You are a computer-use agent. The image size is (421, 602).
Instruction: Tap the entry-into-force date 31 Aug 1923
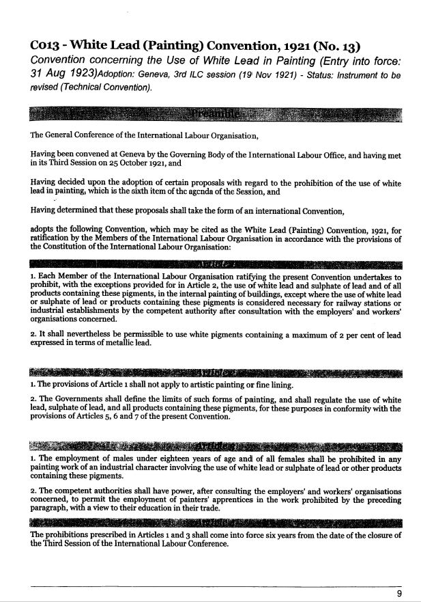[x=63, y=78]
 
